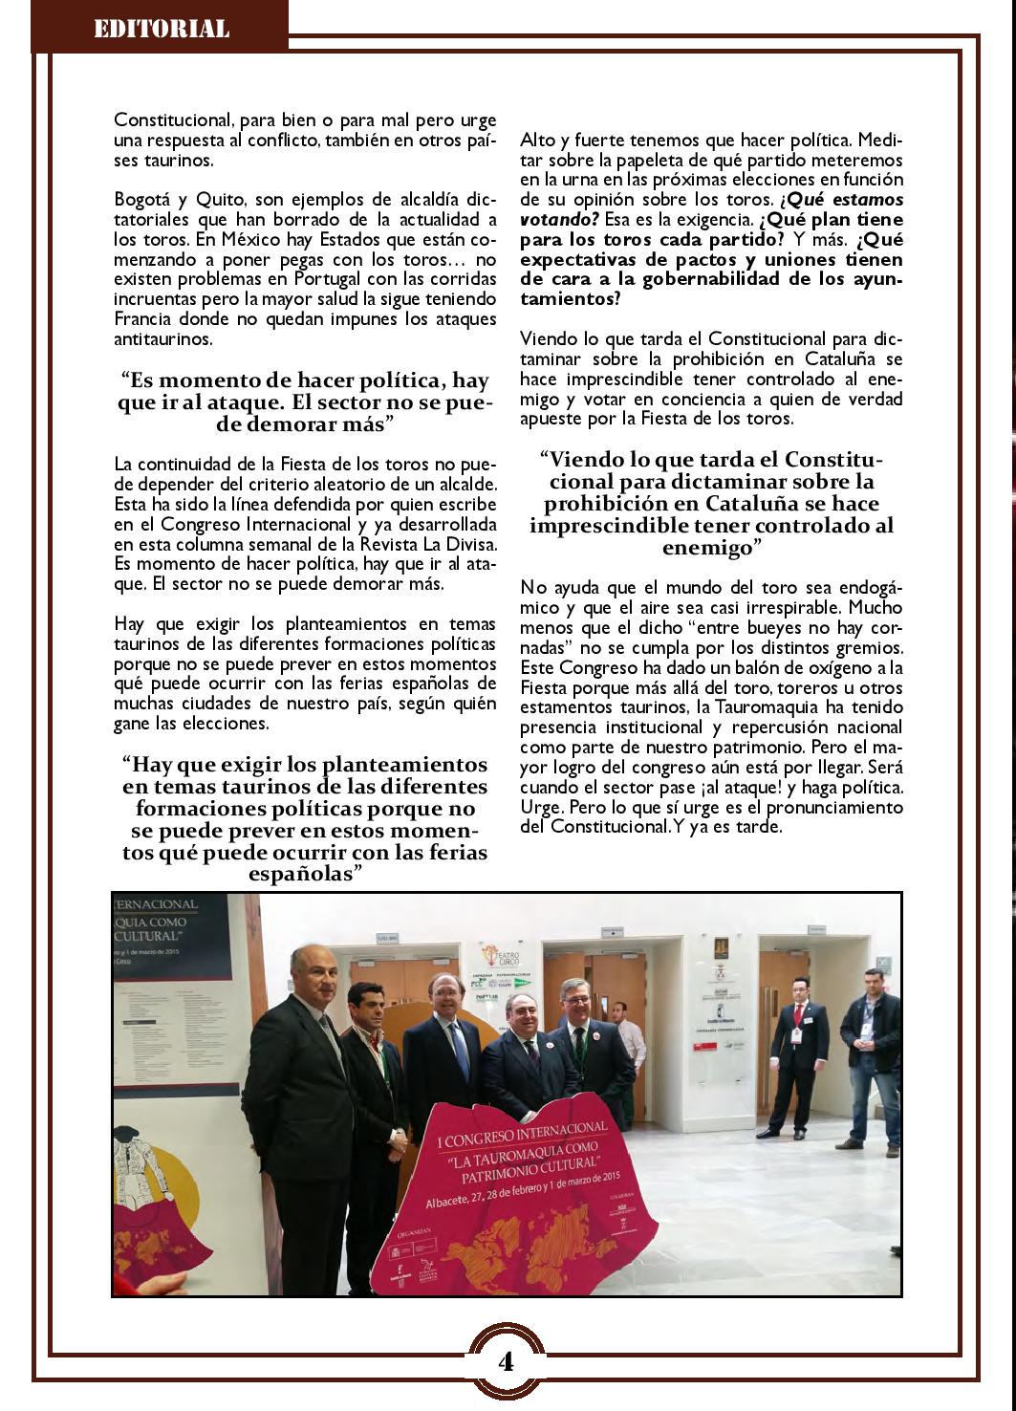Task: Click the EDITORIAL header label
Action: (x=161, y=29)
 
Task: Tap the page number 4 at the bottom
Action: (x=506, y=1361)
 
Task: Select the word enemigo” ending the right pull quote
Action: (x=711, y=548)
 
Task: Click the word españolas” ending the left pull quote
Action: (x=305, y=874)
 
